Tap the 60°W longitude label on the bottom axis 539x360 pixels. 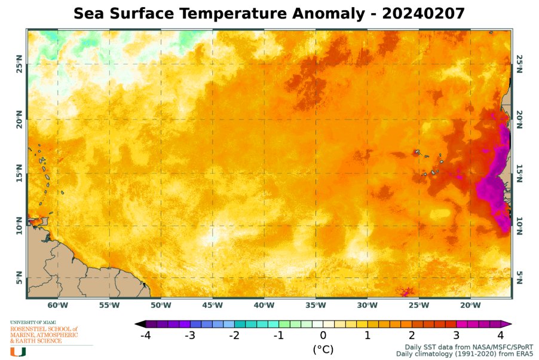click(x=58, y=306)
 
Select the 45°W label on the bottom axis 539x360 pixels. click(x=213, y=306)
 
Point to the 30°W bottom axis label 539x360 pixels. click(x=367, y=306)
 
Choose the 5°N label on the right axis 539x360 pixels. click(x=519, y=277)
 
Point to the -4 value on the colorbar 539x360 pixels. click(x=145, y=335)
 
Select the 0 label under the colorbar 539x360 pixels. click(x=323, y=335)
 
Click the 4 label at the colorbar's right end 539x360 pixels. click(x=500, y=335)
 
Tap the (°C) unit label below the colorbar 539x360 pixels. click(x=323, y=349)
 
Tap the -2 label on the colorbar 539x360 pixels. click(x=234, y=335)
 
